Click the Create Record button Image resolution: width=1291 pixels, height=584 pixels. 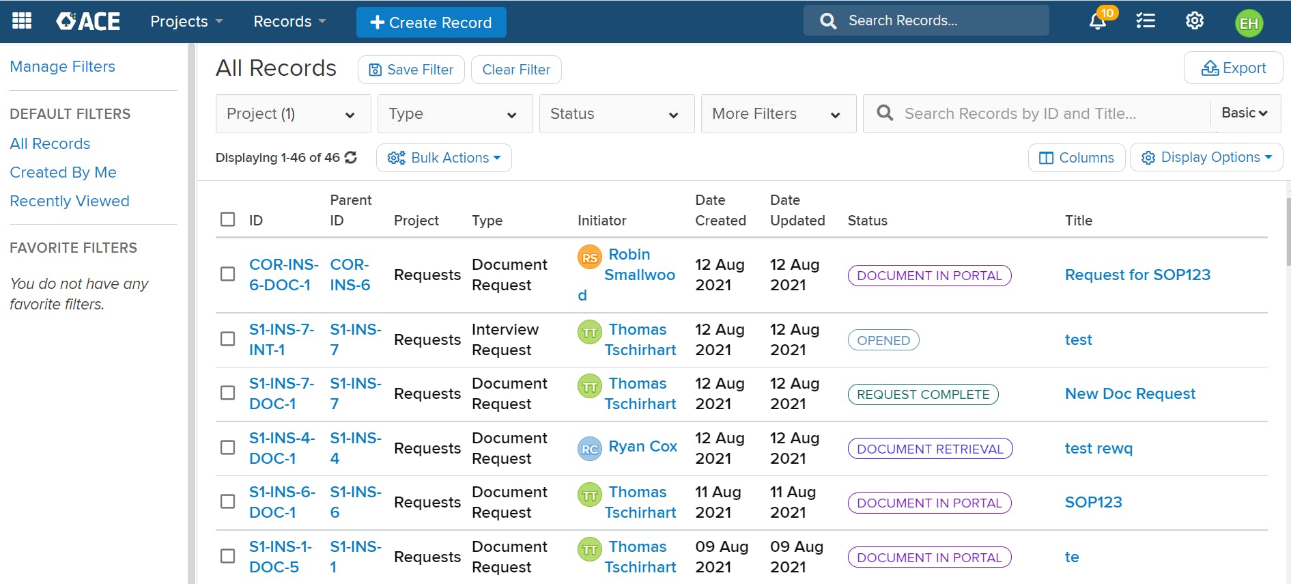click(431, 23)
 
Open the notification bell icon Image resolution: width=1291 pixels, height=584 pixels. click(1097, 21)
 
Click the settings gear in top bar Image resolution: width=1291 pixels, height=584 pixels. click(1194, 21)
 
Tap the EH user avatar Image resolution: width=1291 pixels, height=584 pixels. click(1249, 23)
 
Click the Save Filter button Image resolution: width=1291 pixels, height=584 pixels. click(411, 70)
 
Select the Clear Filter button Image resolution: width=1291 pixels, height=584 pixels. click(516, 70)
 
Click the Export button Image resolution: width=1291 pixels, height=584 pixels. click(1233, 68)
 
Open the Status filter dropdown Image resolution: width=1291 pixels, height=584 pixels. click(616, 114)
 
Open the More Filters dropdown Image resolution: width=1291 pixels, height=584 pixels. click(778, 114)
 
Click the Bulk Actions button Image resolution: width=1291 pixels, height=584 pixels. click(444, 158)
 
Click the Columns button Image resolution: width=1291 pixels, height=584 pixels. click(1076, 158)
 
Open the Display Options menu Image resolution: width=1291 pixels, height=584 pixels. click(1206, 158)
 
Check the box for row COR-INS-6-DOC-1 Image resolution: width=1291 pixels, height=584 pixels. click(228, 274)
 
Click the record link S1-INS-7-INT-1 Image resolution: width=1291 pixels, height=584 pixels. click(281, 339)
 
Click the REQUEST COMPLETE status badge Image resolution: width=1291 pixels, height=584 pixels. click(922, 394)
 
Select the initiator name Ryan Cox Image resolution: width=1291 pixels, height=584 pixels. click(642, 447)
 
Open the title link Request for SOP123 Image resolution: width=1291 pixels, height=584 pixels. click(1137, 275)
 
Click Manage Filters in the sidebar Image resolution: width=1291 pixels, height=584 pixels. click(62, 67)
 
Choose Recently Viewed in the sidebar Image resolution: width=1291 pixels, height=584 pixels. click(70, 201)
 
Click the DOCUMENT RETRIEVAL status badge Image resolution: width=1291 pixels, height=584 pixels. click(929, 449)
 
